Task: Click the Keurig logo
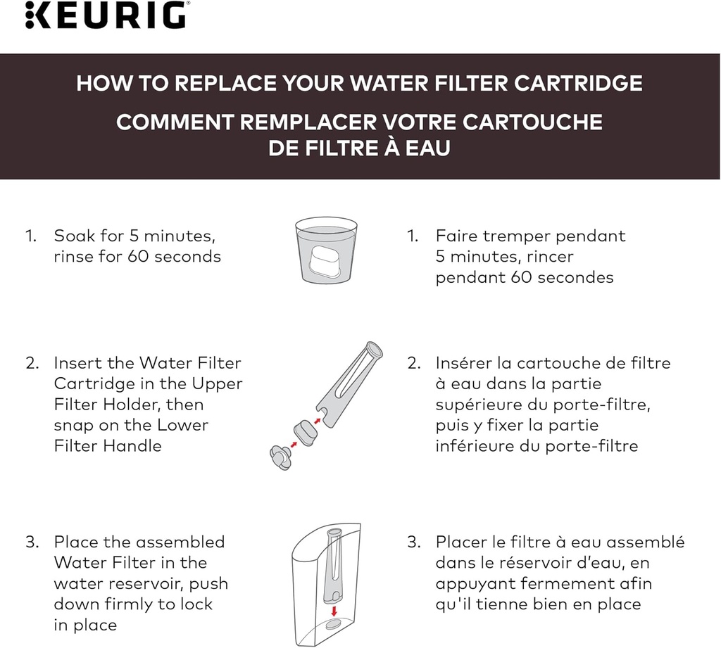coord(106,15)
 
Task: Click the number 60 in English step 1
coord(137,256)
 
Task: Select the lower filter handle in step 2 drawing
coord(282,457)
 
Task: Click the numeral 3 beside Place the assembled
coord(31,542)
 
